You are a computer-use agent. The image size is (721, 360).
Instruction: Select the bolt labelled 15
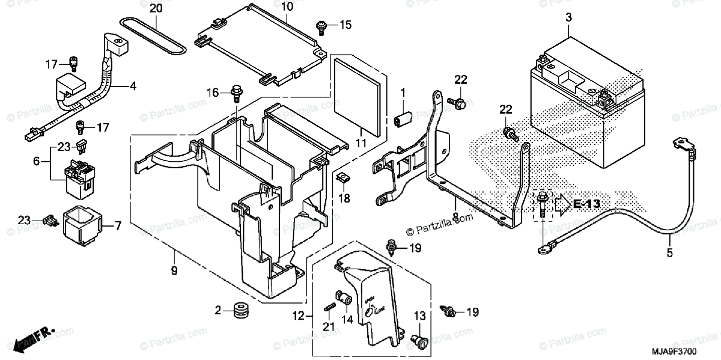click(321, 25)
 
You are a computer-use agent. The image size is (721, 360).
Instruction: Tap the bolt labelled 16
click(236, 93)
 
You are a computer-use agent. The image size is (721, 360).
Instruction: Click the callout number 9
click(174, 271)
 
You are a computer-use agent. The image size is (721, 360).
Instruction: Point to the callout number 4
click(133, 86)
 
